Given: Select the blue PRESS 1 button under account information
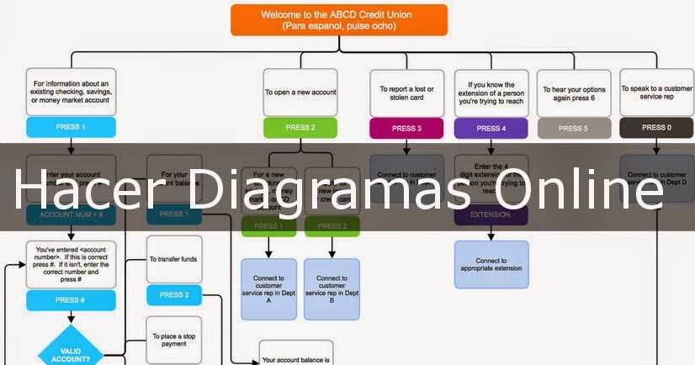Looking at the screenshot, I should pyautogui.click(x=70, y=128).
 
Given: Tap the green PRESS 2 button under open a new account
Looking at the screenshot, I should pyautogui.click(x=300, y=128).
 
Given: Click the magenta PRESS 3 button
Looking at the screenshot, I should pyautogui.click(x=407, y=129).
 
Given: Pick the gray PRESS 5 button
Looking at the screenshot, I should pyautogui.click(x=573, y=129).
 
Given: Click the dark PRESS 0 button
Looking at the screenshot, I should pyautogui.click(x=656, y=128).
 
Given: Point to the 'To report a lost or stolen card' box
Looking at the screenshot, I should pyautogui.click(x=407, y=93).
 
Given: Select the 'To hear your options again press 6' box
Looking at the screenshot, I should pyautogui.click(x=573, y=93).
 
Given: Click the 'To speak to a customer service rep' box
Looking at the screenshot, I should pyautogui.click(x=656, y=92).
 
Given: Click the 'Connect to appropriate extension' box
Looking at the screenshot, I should pyautogui.click(x=491, y=265).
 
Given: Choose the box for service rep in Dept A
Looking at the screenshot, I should pyautogui.click(x=269, y=288).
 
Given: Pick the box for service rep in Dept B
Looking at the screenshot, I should pyautogui.click(x=332, y=288).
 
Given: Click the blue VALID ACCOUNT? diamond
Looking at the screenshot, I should pyautogui.click(x=70, y=353).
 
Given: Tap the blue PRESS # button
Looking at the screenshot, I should pyautogui.click(x=70, y=300).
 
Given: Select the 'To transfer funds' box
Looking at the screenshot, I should pyautogui.click(x=174, y=259).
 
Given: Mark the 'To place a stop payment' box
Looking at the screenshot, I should pyautogui.click(x=174, y=340).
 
